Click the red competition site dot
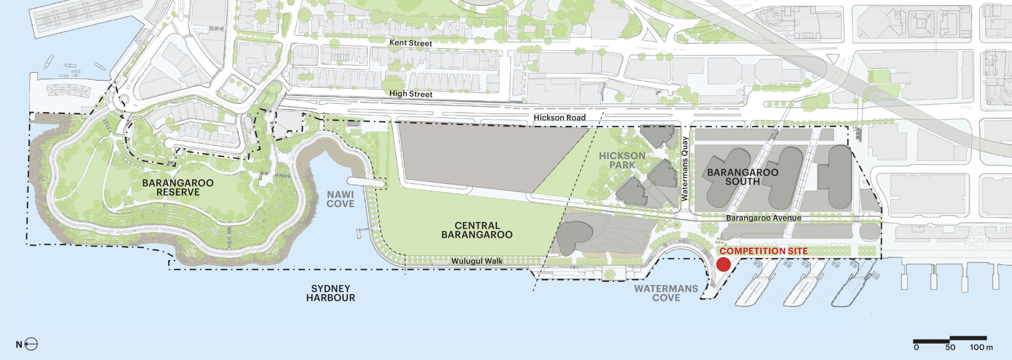(x=723, y=265)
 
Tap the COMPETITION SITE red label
(x=763, y=251)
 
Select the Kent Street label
(x=411, y=43)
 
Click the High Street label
(x=411, y=94)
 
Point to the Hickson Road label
(x=559, y=118)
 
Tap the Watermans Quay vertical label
(x=685, y=169)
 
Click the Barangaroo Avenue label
(x=763, y=218)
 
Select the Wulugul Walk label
(x=476, y=261)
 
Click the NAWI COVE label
(x=340, y=199)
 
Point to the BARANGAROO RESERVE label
(x=178, y=188)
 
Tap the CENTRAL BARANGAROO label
(x=476, y=230)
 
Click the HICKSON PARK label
(x=622, y=160)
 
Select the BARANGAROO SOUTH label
(x=742, y=177)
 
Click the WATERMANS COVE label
(x=666, y=293)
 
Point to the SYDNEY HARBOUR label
(x=330, y=293)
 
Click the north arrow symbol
(x=31, y=345)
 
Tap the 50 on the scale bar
(x=950, y=347)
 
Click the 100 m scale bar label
(x=981, y=347)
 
